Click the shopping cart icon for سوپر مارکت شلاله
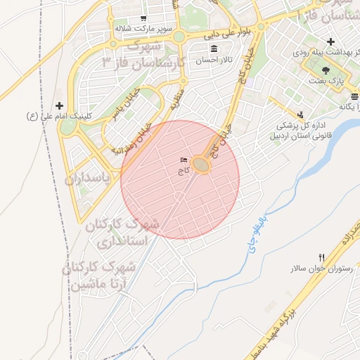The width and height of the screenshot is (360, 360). [x=143, y=18]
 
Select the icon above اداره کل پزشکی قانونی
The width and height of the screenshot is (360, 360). [x=300, y=114]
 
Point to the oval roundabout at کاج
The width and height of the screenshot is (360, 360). [x=201, y=165]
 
